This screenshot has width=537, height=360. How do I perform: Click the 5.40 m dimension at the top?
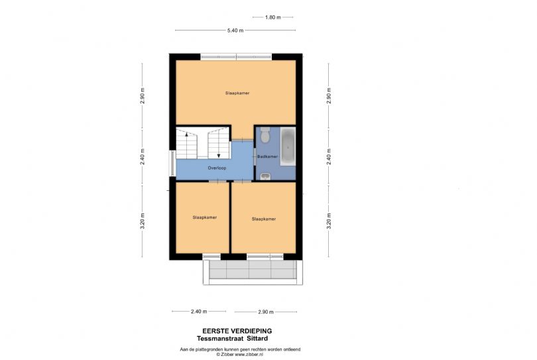(x=235, y=30)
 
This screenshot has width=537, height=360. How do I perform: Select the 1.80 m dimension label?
(x=273, y=17)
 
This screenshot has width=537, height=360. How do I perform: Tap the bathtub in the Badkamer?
(x=288, y=147)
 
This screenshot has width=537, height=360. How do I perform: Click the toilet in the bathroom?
(x=265, y=137)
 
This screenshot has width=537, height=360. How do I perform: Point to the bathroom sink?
(x=265, y=176)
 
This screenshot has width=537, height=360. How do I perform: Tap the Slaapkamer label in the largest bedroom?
(x=237, y=93)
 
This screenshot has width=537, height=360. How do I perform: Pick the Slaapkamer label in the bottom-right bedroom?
(x=263, y=218)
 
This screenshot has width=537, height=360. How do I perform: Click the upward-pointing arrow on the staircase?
(x=187, y=135)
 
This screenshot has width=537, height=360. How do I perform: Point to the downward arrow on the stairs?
(x=218, y=155)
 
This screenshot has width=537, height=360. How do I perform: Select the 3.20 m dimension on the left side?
(x=143, y=220)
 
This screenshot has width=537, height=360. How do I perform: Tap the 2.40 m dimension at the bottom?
(x=198, y=312)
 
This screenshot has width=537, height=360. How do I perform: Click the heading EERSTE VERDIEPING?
(x=237, y=330)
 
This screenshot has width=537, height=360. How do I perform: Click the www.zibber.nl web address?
(x=249, y=355)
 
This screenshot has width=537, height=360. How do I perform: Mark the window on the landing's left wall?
(x=173, y=164)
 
